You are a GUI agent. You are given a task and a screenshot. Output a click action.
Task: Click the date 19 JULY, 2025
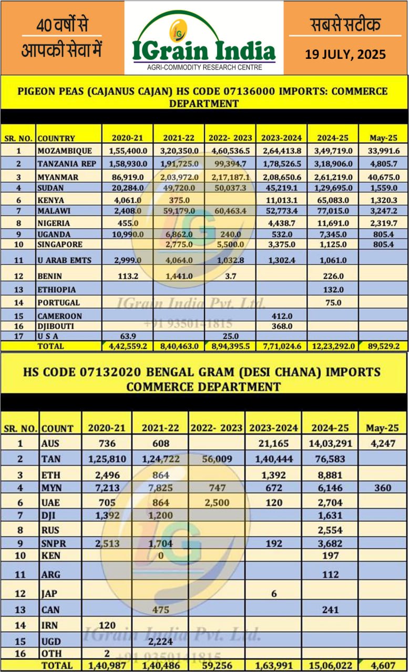click(x=345, y=54)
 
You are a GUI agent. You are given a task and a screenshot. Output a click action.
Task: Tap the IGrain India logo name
click(x=204, y=51)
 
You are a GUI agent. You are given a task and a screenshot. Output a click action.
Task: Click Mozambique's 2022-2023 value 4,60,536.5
click(x=230, y=151)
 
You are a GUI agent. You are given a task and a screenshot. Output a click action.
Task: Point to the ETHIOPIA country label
click(x=56, y=289)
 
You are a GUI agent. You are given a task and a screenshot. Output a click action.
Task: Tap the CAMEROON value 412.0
click(x=281, y=316)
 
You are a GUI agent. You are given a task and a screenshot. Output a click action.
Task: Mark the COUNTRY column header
click(x=56, y=139)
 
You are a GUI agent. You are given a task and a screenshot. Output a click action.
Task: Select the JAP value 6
click(x=273, y=593)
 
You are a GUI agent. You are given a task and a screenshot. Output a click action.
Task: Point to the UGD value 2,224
click(x=159, y=641)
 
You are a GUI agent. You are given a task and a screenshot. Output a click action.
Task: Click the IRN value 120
click(x=107, y=625)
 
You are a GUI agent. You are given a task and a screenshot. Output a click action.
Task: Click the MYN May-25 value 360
click(x=382, y=488)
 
